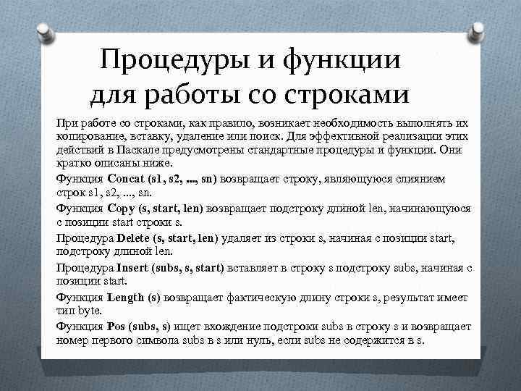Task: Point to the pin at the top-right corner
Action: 478,30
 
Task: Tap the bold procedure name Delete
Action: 133,237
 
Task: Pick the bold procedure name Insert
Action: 132,267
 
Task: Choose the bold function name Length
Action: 127,297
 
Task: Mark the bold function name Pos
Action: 115,327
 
